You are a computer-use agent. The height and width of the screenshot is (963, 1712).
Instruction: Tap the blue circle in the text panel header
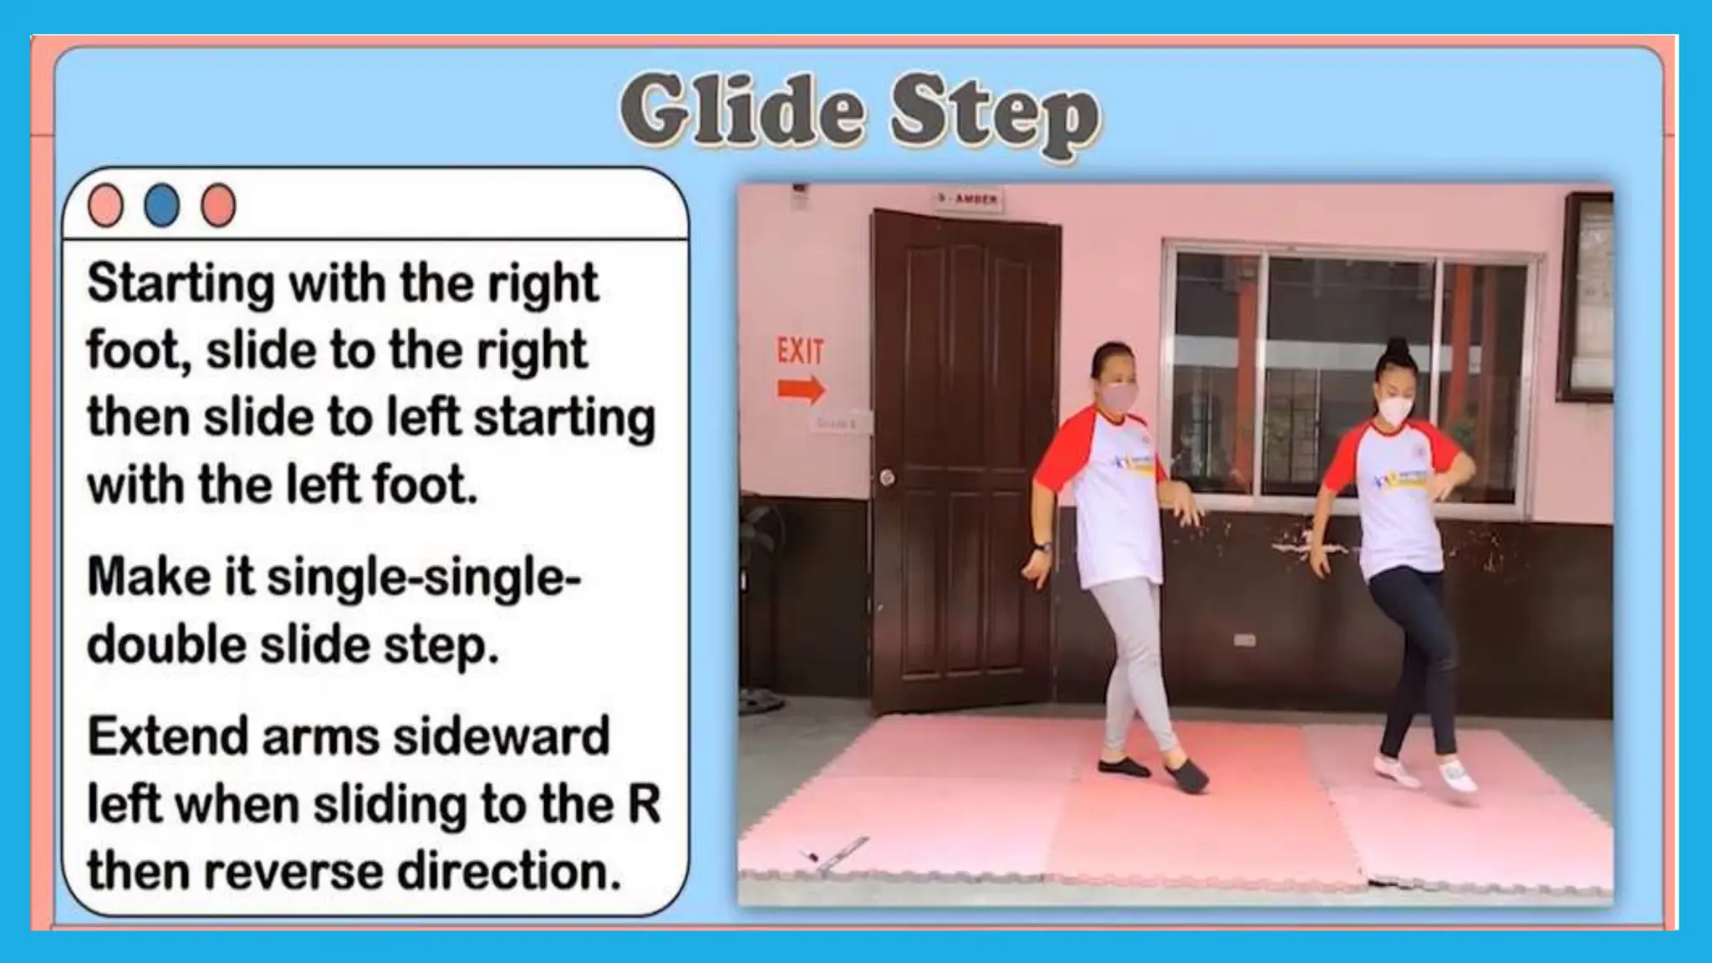tap(161, 205)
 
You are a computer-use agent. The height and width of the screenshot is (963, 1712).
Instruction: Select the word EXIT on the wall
tap(800, 352)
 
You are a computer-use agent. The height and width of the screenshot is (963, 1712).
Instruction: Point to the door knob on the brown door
tap(887, 477)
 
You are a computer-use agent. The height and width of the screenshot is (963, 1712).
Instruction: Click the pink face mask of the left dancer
tap(1116, 396)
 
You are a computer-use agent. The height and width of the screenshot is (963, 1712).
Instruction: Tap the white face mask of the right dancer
tap(1393, 410)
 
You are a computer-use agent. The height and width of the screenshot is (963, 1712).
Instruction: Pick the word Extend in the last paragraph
tap(168, 737)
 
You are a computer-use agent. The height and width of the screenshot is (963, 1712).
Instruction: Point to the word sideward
tap(501, 737)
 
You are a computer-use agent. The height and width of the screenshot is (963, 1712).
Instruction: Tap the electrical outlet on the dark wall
tap(1244, 640)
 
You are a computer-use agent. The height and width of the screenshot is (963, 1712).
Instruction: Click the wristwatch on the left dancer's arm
tap(1042, 548)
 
